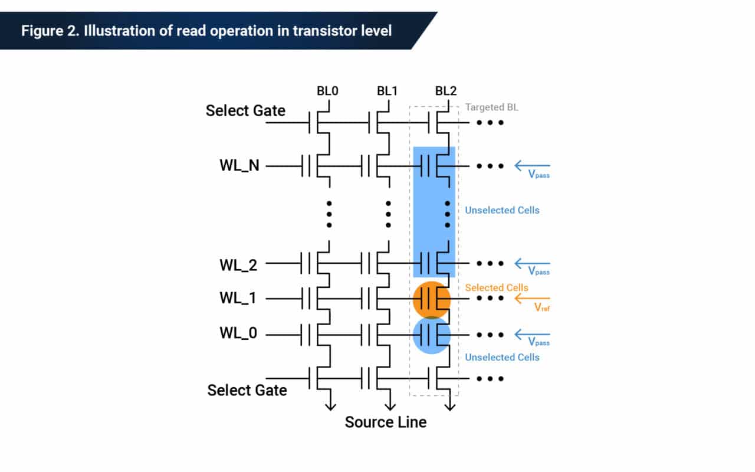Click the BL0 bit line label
point(327,91)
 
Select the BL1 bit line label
point(388,91)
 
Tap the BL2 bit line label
point(446,91)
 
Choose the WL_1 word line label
point(239,299)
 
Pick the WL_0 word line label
point(239,334)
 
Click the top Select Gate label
point(245,110)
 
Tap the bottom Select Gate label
point(247,390)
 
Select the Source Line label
point(385,422)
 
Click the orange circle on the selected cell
point(432,299)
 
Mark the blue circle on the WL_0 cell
point(432,335)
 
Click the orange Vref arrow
point(531,299)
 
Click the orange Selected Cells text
point(497,287)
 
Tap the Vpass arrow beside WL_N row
point(532,166)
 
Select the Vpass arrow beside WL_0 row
point(532,334)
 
